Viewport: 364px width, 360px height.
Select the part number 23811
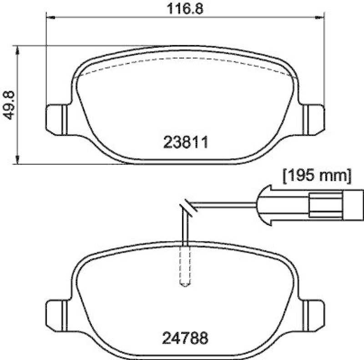coord(185,143)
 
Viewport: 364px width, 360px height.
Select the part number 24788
coord(185,338)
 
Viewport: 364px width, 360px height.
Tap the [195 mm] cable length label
coord(317,175)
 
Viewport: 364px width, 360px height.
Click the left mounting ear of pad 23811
coord(57,120)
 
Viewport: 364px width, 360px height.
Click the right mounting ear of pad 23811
coord(314,120)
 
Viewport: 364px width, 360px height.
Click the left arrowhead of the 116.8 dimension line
coord(51,18)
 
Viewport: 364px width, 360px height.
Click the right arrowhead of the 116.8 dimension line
coord(321,18)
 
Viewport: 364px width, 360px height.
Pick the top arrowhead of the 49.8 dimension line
coord(18,49)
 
